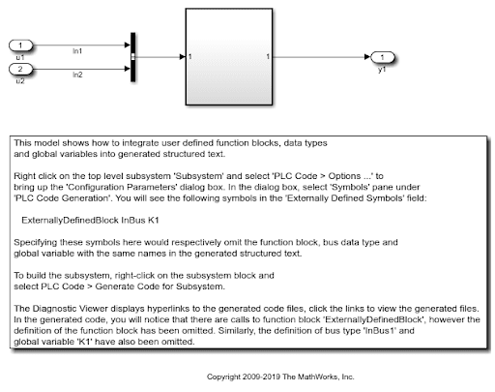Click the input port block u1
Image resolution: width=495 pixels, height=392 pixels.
20,45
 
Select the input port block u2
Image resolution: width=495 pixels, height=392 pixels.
20,69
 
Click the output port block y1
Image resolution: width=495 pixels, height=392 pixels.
383,57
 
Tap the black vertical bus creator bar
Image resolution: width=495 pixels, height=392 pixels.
132,57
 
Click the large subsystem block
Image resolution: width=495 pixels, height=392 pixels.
229,57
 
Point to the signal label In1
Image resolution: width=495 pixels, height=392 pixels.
77,51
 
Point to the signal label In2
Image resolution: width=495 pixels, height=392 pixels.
77,75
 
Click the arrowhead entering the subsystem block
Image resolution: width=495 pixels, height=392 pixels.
183,57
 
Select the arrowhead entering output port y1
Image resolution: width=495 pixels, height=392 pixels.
367,57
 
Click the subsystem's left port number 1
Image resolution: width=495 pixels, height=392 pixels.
190,57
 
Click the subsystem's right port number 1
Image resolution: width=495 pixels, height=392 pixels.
268,57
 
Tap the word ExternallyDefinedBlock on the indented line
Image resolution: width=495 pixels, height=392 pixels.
70,221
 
